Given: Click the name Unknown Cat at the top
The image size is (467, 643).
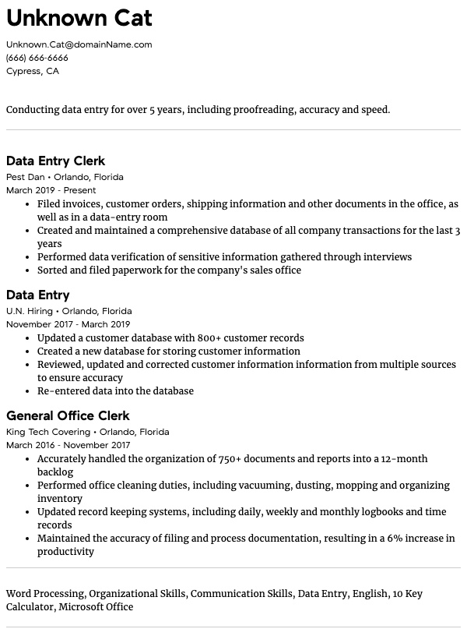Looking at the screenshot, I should pyautogui.click(x=79, y=18).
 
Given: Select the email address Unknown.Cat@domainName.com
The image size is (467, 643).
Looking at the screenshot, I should pyautogui.click(x=79, y=44).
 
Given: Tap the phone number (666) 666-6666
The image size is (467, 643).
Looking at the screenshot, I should pyautogui.click(x=37, y=58).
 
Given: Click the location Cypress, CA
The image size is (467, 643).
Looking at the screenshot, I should pyautogui.click(x=32, y=71).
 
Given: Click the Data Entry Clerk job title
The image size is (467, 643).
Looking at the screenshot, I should pyautogui.click(x=55, y=161).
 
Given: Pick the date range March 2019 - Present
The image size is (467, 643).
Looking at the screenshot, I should pyautogui.click(x=51, y=190).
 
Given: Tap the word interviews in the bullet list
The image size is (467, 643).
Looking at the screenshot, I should pyautogui.click(x=386, y=257).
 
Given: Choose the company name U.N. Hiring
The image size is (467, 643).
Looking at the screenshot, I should pyautogui.click(x=30, y=311).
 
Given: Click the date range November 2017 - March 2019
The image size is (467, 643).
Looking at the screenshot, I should pyautogui.click(x=68, y=324).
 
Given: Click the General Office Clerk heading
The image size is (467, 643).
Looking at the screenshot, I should pyautogui.click(x=68, y=416).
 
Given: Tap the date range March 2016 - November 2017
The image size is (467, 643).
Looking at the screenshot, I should pyautogui.click(x=68, y=445).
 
